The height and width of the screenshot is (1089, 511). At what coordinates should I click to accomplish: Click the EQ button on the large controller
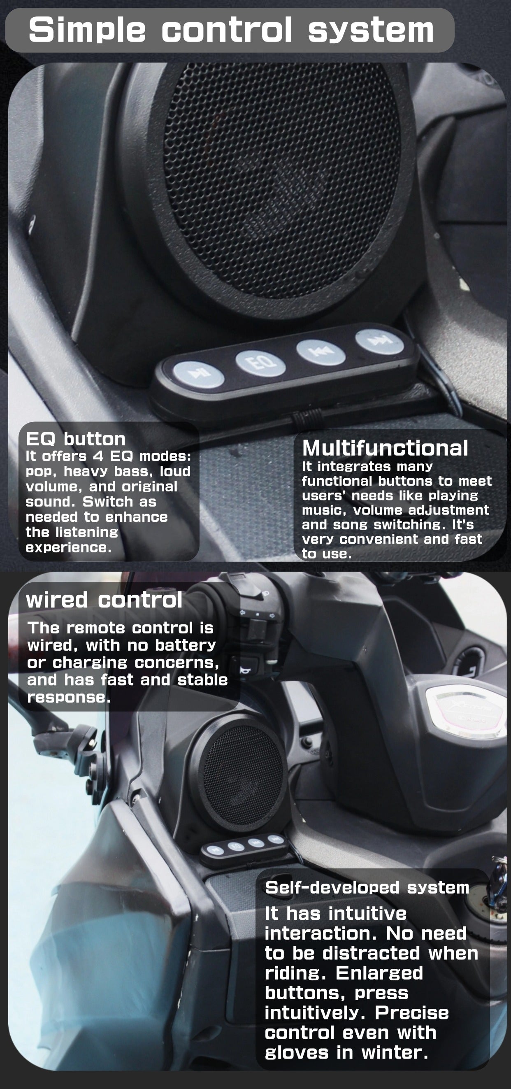point(260,363)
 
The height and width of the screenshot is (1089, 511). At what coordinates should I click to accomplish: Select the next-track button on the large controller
point(380,341)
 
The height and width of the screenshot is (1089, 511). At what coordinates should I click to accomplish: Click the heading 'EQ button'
point(76,439)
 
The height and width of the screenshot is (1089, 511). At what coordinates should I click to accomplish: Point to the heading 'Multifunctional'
point(385,448)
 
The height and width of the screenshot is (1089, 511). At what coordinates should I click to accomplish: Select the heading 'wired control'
point(104,600)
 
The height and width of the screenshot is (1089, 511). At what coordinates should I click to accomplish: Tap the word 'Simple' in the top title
point(87,30)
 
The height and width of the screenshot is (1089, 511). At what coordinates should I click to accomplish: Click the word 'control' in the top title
point(227,30)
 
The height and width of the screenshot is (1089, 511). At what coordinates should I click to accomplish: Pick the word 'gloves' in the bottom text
point(296,1053)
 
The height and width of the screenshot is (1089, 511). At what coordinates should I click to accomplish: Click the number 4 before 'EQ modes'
point(98,456)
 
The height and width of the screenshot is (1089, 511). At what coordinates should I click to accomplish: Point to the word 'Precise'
point(412,1013)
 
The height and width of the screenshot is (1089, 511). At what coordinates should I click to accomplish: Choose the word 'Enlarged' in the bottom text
point(379,974)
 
